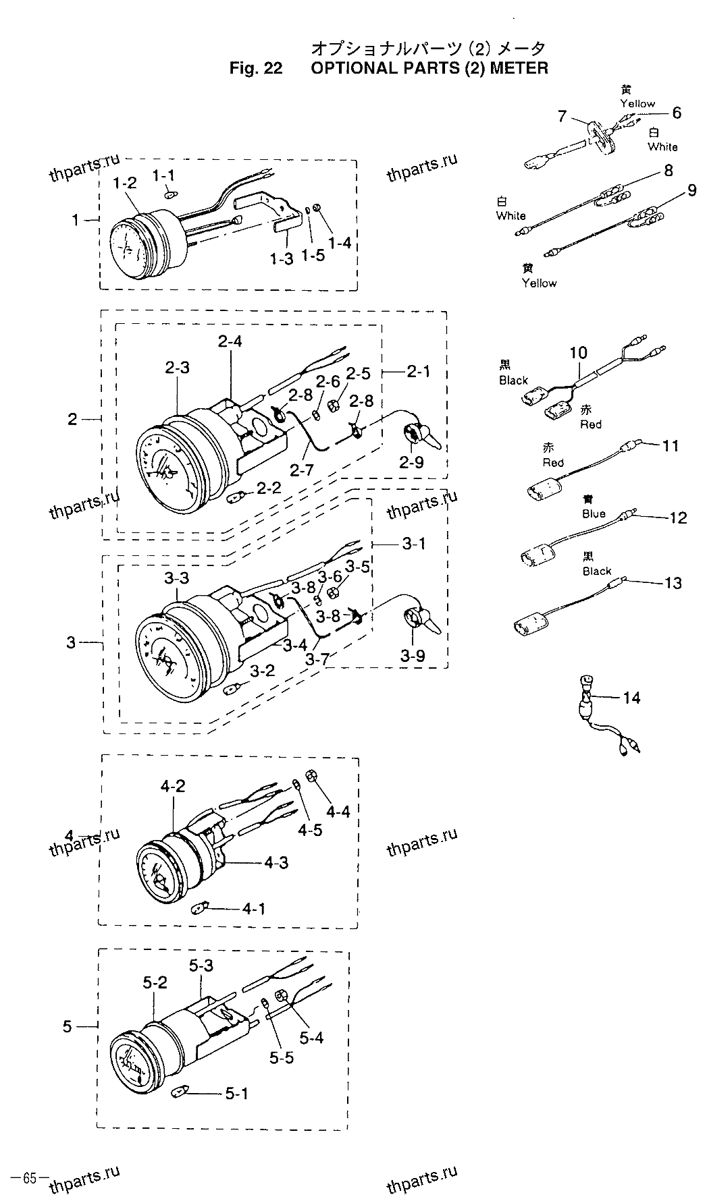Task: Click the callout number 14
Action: click(x=631, y=697)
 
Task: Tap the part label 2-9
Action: click(x=411, y=463)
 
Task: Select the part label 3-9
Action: click(x=413, y=655)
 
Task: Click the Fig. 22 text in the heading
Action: click(x=255, y=68)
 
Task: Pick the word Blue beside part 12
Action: click(x=594, y=513)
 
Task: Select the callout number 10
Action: click(x=578, y=352)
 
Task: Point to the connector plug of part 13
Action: click(x=530, y=623)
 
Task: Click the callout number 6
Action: click(x=676, y=113)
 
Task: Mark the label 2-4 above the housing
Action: click(x=230, y=342)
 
